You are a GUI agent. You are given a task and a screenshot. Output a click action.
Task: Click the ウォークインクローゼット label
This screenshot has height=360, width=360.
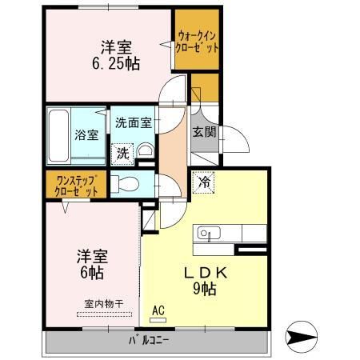point(198,40)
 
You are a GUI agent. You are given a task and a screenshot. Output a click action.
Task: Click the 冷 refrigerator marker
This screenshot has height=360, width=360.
point(203,182)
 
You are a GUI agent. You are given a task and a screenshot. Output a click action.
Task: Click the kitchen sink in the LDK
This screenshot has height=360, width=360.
point(206,234)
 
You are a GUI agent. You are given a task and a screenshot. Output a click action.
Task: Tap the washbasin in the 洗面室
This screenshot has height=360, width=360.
point(146,151)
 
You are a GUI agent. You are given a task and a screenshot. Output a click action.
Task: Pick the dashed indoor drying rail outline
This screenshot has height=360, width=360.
point(102,314)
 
